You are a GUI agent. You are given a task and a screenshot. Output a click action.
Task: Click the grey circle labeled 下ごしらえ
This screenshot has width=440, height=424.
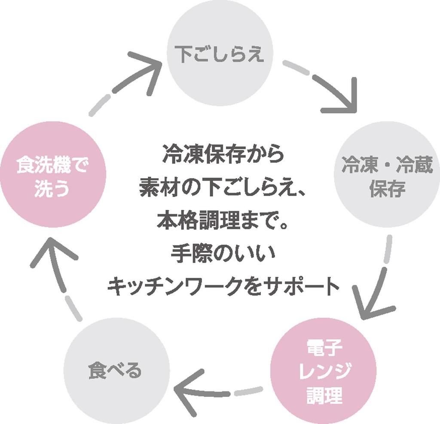[x=220, y=55]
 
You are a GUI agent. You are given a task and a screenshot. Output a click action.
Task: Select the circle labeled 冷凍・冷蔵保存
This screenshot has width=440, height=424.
[x=387, y=175]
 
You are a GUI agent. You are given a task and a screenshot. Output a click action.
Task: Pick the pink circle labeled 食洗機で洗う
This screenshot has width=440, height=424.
[x=52, y=176]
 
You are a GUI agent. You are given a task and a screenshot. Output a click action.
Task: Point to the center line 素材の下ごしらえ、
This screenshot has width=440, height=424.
[x=223, y=189]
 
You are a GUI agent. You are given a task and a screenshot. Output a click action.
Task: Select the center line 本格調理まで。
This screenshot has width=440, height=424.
[x=223, y=221]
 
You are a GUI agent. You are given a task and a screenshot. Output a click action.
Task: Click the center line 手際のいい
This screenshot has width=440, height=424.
[x=223, y=254]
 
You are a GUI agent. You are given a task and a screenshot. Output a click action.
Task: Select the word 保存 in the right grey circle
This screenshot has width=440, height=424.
[x=387, y=189]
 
